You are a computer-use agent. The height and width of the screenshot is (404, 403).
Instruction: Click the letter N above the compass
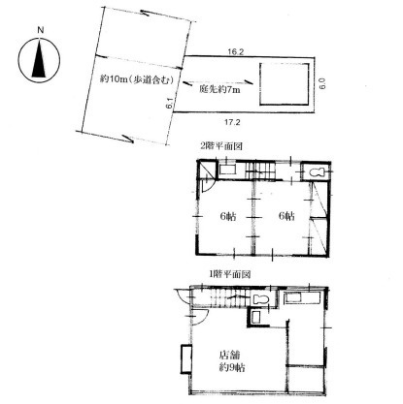[38, 31]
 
